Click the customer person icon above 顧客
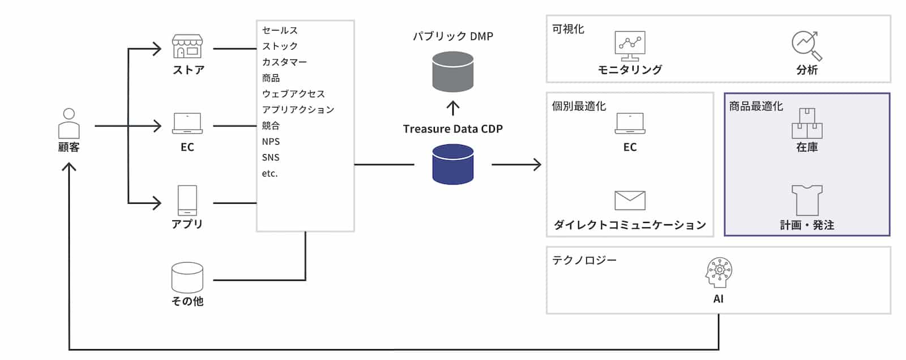click(69, 123)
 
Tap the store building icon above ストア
click(187, 46)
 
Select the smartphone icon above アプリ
click(187, 200)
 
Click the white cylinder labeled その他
click(187, 277)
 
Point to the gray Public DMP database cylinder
click(452, 71)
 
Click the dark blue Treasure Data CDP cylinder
click(452, 164)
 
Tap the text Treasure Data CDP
click(452, 129)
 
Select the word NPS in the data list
click(271, 142)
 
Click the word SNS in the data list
click(271, 157)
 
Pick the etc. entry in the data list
click(270, 173)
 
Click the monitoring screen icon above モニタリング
click(630, 46)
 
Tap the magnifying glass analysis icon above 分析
click(807, 46)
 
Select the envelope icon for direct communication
click(630, 200)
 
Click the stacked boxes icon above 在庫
click(807, 123)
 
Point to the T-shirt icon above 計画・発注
click(807, 200)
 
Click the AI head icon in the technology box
click(719, 273)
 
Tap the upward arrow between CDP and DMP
click(452, 108)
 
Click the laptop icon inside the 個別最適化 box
click(630, 123)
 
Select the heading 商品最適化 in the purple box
click(756, 106)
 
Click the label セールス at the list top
click(280, 30)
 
